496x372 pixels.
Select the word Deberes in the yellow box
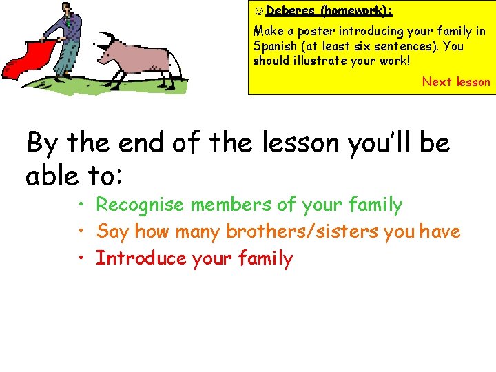(288, 11)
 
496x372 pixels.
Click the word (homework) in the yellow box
(356, 11)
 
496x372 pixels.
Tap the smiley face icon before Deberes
(258, 11)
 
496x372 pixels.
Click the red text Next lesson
(456, 82)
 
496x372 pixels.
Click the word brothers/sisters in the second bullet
(305, 231)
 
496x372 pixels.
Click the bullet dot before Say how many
(81, 231)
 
